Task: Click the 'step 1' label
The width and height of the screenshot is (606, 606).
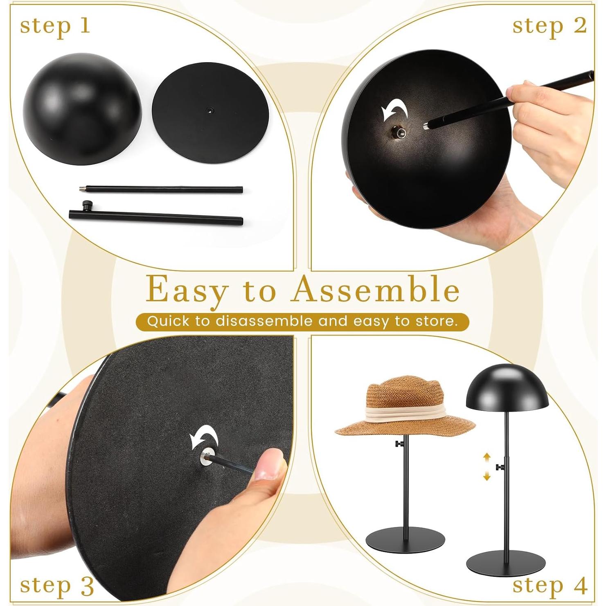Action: click(x=55, y=26)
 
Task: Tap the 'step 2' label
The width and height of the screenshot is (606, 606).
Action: click(x=549, y=26)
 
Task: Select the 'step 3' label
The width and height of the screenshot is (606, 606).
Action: click(x=57, y=586)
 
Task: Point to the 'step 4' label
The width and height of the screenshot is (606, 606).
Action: click(x=550, y=586)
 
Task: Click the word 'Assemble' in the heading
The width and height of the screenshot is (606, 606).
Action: click(x=376, y=290)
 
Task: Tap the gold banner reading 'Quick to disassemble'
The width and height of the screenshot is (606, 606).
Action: click(x=302, y=321)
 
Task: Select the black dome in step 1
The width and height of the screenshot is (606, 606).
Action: click(x=82, y=108)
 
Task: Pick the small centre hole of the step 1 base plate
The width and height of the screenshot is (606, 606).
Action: click(x=210, y=110)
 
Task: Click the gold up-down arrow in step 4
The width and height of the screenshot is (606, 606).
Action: click(x=487, y=466)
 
